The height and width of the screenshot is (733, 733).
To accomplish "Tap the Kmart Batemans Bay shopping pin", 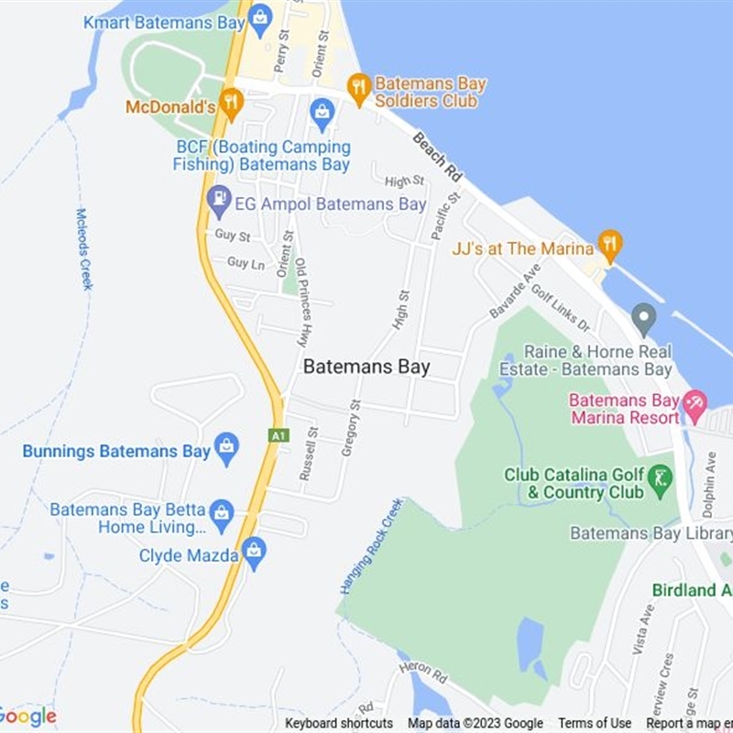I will [x=261, y=17].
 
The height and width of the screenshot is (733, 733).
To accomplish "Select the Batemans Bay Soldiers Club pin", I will [x=358, y=88].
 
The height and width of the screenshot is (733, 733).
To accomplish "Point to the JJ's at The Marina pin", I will [x=609, y=244].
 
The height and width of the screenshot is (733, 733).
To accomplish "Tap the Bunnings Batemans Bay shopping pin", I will [x=226, y=448].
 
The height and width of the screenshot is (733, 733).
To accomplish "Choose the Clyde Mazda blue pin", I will [x=255, y=552].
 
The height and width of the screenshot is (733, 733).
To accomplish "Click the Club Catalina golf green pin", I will [x=660, y=477].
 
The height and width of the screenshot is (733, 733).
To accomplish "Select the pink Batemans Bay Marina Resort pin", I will [x=695, y=402].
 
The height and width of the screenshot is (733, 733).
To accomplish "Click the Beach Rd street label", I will [x=437, y=156].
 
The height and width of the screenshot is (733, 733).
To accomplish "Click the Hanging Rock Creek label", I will [x=371, y=546].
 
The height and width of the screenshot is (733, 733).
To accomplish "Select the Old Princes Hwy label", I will [x=301, y=301].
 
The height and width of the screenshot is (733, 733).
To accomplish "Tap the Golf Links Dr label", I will [x=561, y=307].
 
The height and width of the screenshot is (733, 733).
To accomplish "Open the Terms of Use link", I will [x=595, y=724].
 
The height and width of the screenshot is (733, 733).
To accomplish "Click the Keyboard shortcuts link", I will [x=339, y=724].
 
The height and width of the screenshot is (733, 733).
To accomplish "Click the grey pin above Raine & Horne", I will [x=645, y=319].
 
